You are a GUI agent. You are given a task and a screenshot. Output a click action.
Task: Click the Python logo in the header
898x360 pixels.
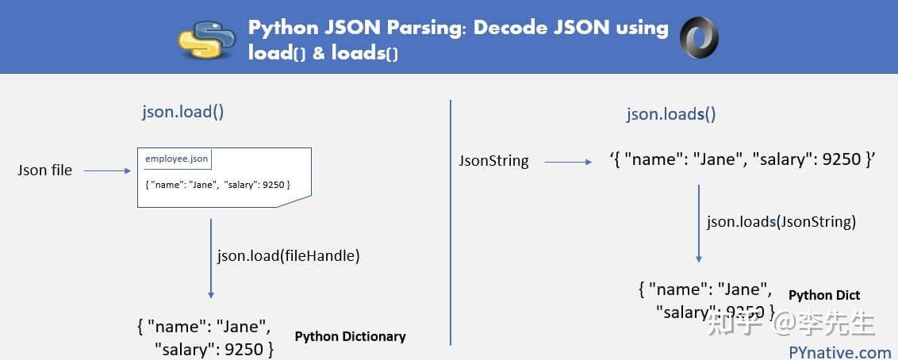pos(209,39)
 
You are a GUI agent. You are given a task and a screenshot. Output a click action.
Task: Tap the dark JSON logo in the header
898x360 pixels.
pos(699,37)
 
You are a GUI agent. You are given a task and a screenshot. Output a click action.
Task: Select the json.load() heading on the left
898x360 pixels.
pos(182,111)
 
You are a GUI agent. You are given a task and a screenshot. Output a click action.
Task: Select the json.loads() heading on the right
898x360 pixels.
pos(671,113)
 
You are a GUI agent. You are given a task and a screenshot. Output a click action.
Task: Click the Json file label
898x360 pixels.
pos(44,170)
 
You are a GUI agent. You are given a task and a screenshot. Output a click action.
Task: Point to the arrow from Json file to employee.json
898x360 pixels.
pos(106,170)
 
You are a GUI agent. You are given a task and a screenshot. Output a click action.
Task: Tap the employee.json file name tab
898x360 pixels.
pos(176,159)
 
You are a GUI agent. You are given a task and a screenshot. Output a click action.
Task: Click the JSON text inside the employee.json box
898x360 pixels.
pos(217,185)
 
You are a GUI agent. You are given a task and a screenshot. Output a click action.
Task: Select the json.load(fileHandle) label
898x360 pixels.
pos(288,255)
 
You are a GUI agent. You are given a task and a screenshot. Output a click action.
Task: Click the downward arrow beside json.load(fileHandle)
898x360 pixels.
pos(211,258)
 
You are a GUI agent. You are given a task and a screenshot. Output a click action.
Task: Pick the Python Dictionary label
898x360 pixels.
pos(350,336)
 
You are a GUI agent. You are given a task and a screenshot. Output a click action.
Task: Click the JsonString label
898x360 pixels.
pos(493,160)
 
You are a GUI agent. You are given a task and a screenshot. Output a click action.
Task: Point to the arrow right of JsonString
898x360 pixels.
pos(567,162)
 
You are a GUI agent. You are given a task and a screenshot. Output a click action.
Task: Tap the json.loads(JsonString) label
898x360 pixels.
pos(781,222)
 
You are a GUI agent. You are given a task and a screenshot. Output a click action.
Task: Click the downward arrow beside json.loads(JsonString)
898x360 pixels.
pos(699,224)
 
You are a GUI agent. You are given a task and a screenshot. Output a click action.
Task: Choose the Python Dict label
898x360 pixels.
pos(824,295)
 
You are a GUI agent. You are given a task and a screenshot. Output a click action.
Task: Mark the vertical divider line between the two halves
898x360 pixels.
pos(451,222)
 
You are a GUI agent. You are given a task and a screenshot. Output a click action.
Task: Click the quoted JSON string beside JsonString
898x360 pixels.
pos(742,159)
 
